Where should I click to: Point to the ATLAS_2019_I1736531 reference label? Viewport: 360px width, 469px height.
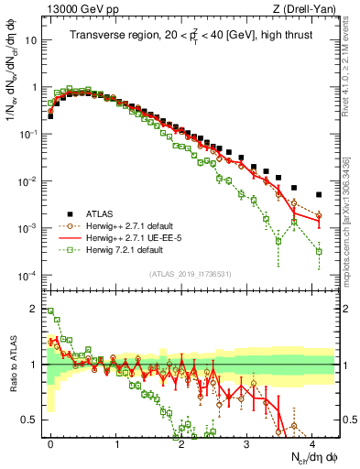[x=191, y=273]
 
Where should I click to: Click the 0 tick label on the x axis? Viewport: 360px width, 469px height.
[x=50, y=443]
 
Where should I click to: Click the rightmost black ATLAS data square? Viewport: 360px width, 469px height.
[x=318, y=194]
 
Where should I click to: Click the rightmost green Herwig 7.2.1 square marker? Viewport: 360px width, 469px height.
[x=318, y=251]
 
